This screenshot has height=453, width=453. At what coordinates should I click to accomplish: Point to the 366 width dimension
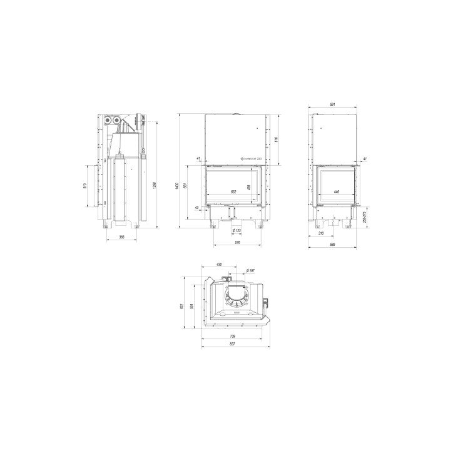(121, 237)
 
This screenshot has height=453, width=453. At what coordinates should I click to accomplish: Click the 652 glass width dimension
(233, 192)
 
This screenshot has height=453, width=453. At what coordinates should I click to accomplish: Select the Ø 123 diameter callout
(237, 231)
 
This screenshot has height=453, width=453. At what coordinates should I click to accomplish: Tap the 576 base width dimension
(237, 242)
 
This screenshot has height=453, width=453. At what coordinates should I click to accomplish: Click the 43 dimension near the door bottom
(197, 207)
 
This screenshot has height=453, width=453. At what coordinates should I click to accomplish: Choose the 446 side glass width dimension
(336, 192)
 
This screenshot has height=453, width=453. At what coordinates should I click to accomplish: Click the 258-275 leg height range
(364, 217)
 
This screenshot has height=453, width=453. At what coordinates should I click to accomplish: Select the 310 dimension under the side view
(322, 233)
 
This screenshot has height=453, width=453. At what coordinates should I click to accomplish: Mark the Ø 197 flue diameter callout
(250, 270)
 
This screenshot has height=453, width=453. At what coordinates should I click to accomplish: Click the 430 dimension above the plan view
(219, 265)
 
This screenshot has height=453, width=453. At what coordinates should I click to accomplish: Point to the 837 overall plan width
(232, 344)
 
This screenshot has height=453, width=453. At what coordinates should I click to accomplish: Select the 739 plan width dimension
(232, 335)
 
